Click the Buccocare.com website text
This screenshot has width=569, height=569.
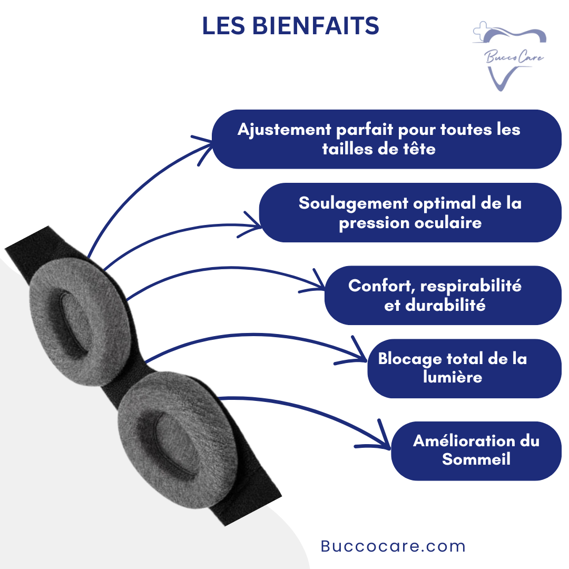click(393, 546)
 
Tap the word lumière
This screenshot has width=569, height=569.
click(452, 377)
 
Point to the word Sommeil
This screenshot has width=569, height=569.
click(476, 459)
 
